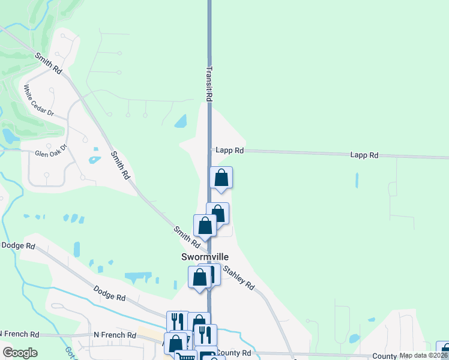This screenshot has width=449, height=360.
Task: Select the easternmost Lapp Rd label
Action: pyautogui.click(x=364, y=155)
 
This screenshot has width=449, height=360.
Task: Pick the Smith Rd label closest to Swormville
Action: pyautogui.click(x=187, y=237)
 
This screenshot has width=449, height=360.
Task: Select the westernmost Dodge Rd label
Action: pyautogui.click(x=19, y=245)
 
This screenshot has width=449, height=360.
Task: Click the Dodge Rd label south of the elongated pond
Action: pyautogui.click(x=109, y=293)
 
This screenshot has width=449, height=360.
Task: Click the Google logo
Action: pyautogui.click(x=20, y=353)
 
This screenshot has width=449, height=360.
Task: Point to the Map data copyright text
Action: pyautogui.click(x=423, y=355)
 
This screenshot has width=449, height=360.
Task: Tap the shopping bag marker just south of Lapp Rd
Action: pyautogui.click(x=221, y=178)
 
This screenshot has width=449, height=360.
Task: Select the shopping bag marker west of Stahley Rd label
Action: pyautogui.click(x=200, y=277)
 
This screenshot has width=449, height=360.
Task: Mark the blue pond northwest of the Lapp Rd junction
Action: pyautogui.click(x=180, y=122)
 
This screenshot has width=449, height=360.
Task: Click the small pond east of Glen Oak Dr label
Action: pyautogui.click(x=94, y=160)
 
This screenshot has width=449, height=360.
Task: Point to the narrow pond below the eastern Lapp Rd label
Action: pyautogui.click(x=357, y=180)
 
